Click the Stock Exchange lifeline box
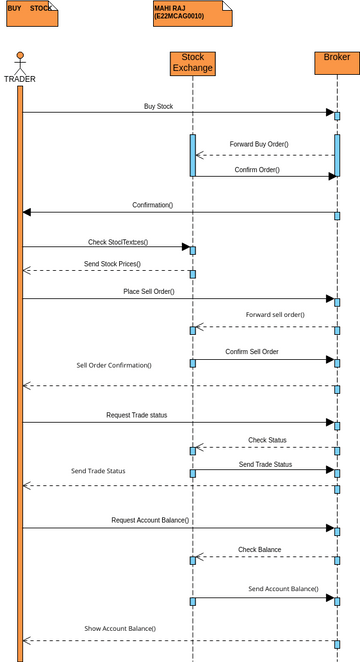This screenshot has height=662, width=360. [x=193, y=63]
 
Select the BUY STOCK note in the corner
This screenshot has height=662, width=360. [x=30, y=13]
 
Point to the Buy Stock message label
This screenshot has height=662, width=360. [x=158, y=105]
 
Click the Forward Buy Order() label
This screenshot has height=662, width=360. [x=259, y=144]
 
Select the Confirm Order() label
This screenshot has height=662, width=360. [x=257, y=170]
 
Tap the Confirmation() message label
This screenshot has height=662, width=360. [x=152, y=205]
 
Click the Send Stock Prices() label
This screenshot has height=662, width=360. [x=112, y=264]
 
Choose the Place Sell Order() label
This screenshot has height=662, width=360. [x=148, y=291]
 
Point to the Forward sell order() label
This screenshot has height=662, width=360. [x=275, y=315]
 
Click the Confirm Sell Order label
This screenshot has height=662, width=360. [x=252, y=352]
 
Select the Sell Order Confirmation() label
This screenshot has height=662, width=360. [x=114, y=365]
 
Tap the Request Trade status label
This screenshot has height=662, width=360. [x=137, y=414]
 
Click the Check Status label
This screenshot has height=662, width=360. [x=267, y=440]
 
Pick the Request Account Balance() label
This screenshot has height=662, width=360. [x=150, y=520]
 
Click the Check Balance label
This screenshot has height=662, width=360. [x=259, y=549]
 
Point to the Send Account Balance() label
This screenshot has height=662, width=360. [x=283, y=589]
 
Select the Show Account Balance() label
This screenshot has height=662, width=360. [x=120, y=628]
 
